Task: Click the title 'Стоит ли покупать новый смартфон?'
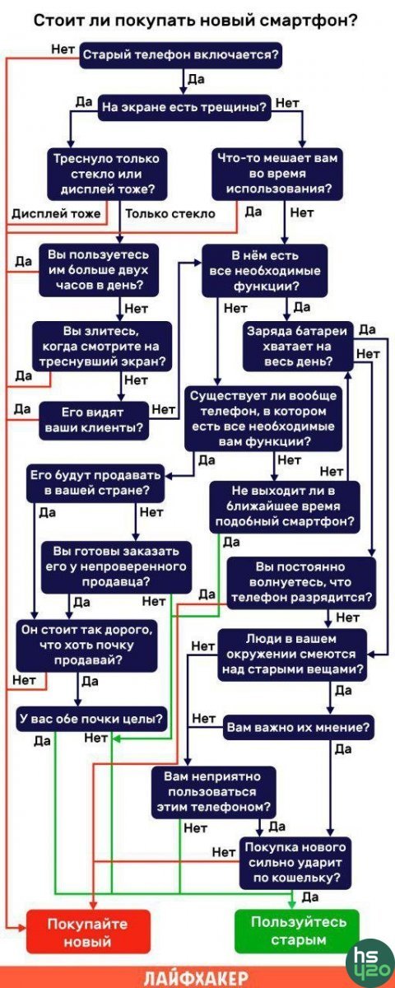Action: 195,21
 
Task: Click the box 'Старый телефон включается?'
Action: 180,55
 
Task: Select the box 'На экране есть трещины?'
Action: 184,107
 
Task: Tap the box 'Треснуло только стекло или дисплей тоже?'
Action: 107,175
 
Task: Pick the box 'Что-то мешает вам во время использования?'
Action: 277,174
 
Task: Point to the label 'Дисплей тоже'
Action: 56,214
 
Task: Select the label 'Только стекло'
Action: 170,214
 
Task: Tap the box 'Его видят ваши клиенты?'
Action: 94,421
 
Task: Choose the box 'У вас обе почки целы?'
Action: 91,719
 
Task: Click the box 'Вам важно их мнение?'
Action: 299,727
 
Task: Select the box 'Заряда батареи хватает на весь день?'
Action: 298,347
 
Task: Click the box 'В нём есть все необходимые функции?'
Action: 265,271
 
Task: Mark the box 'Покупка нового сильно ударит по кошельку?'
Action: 295,863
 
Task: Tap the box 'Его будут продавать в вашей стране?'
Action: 95,483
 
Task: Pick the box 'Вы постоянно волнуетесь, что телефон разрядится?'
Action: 301,583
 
